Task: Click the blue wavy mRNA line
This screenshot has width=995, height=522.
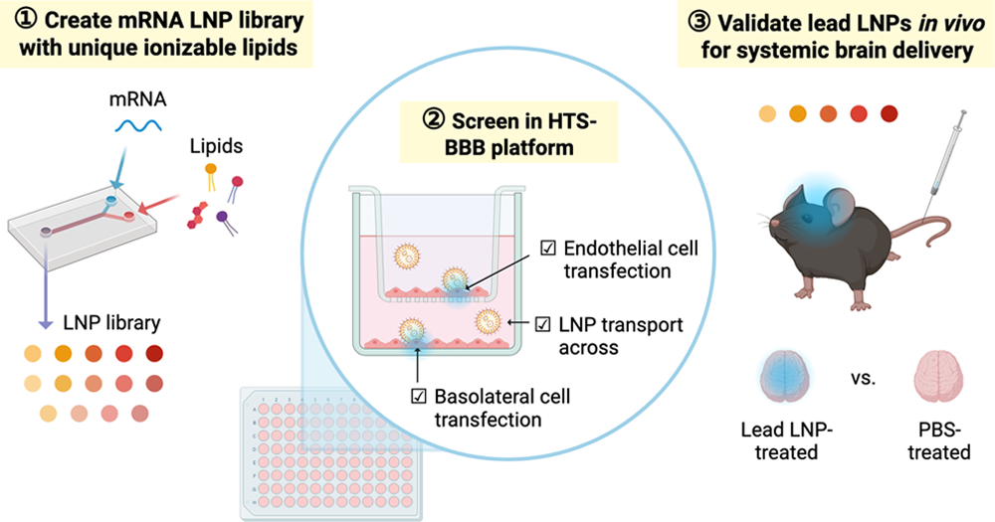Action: pyautogui.click(x=138, y=126)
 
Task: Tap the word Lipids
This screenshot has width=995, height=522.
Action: pyautogui.click(x=216, y=146)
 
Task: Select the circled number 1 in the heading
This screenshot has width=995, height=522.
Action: pyautogui.click(x=27, y=20)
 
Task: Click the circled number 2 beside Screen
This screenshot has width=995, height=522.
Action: pyautogui.click(x=434, y=119)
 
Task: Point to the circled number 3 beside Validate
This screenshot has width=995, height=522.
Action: pyautogui.click(x=699, y=22)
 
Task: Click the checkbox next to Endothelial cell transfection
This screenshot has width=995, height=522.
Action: pyautogui.click(x=547, y=248)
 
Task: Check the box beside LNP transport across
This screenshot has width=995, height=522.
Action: pyautogui.click(x=542, y=324)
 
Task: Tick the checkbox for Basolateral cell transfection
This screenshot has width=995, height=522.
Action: pyautogui.click(x=418, y=397)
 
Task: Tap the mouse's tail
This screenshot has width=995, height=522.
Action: pyautogui.click(x=927, y=232)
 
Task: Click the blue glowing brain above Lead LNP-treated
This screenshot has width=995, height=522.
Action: pyautogui.click(x=785, y=377)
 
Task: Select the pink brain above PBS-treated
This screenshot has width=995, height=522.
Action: pyautogui.click(x=938, y=377)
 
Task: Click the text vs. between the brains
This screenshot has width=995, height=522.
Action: pyautogui.click(x=863, y=378)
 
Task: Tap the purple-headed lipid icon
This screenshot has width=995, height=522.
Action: pyautogui.click(x=225, y=223)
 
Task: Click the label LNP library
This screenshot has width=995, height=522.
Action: pyautogui.click(x=111, y=323)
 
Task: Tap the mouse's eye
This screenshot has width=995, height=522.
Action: pyautogui.click(x=808, y=218)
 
